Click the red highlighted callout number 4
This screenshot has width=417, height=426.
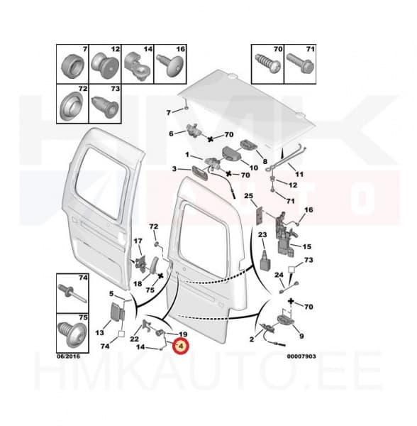point(180,347)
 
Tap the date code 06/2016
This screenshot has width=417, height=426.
point(70,357)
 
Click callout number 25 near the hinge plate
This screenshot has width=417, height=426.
point(248,196)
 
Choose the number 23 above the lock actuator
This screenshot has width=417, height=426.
point(262,235)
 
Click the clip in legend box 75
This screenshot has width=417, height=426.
point(72,331)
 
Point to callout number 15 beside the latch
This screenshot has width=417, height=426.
point(307,246)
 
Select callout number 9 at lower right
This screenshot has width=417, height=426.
point(301,335)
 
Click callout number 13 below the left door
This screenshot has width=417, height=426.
point(99,332)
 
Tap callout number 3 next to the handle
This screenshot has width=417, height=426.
point(174,168)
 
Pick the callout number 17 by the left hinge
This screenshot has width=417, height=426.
point(138,241)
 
